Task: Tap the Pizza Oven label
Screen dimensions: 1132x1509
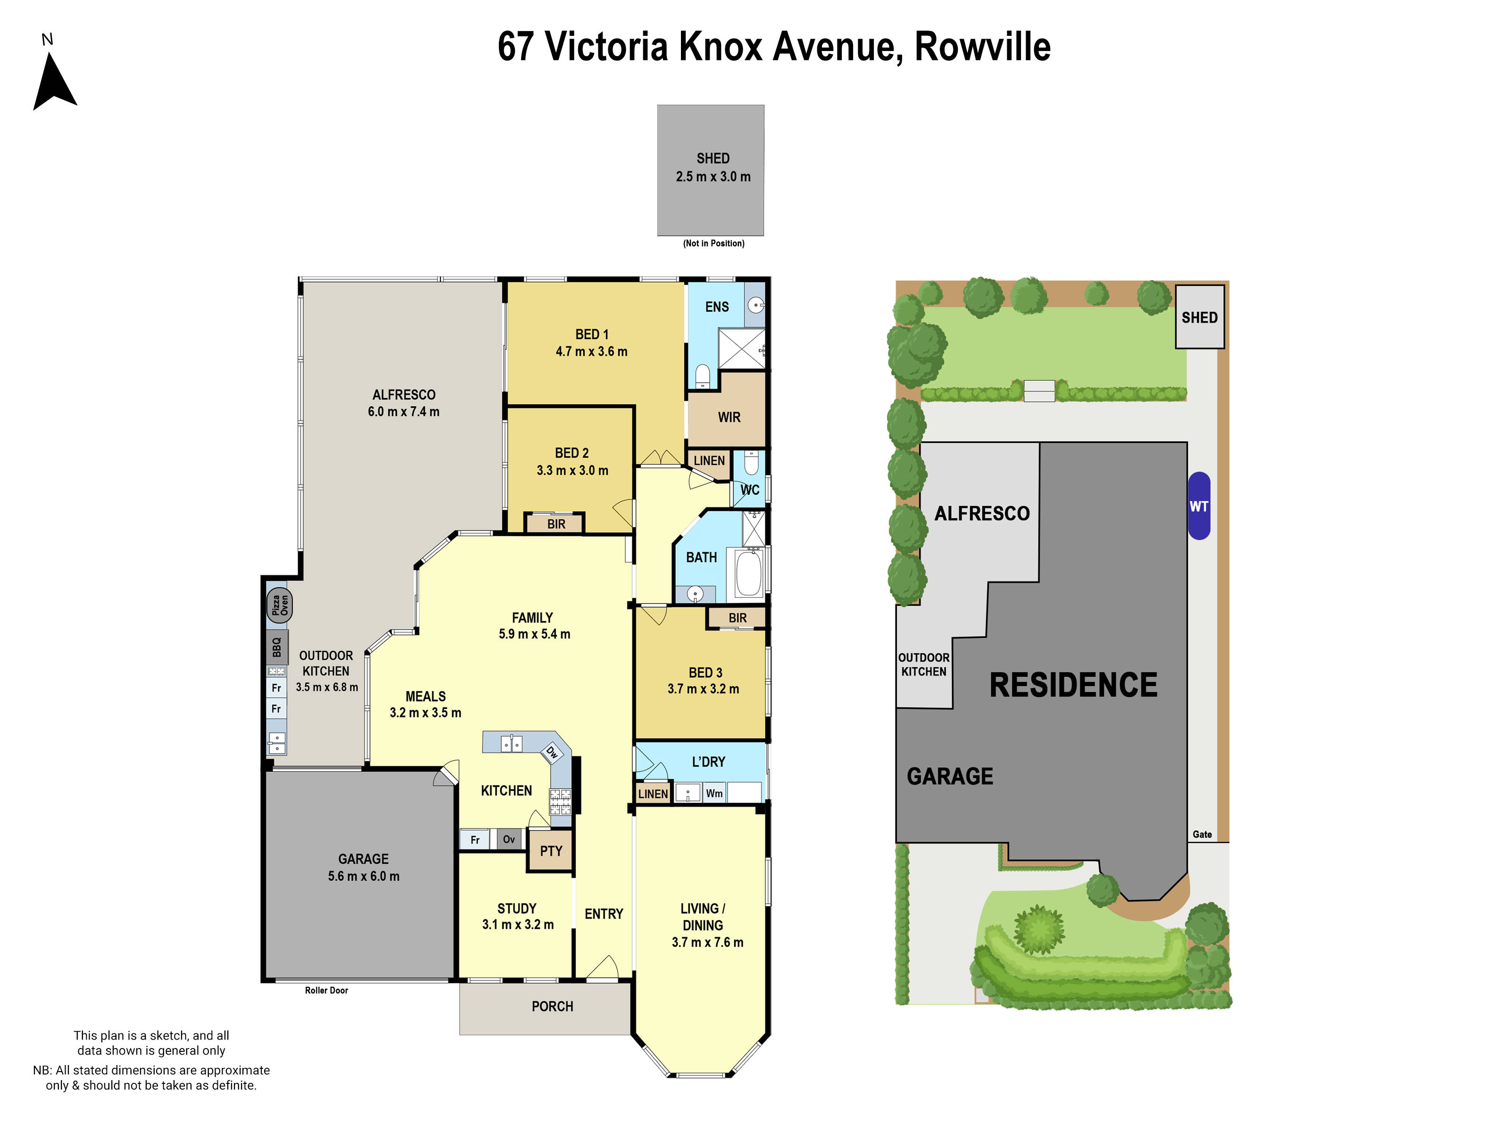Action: pyautogui.click(x=279, y=605)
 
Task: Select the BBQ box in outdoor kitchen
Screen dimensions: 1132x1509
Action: pyautogui.click(x=277, y=647)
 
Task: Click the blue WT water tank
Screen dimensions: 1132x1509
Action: pyautogui.click(x=1199, y=506)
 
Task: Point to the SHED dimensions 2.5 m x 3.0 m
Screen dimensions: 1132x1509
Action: pyautogui.click(x=713, y=177)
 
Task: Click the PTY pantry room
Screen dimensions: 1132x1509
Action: pyautogui.click(x=550, y=851)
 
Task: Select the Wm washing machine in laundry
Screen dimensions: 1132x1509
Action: pyautogui.click(x=713, y=793)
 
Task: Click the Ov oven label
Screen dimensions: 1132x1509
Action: pyautogui.click(x=509, y=839)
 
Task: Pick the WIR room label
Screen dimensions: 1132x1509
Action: pyautogui.click(x=729, y=417)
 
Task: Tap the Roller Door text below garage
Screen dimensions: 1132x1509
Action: pyautogui.click(x=326, y=990)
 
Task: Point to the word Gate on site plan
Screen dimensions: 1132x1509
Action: pyautogui.click(x=1202, y=834)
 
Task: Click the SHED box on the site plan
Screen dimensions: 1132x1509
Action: pyautogui.click(x=1199, y=317)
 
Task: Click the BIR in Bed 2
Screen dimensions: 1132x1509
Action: pyautogui.click(x=556, y=524)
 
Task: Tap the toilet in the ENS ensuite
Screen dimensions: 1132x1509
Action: pyautogui.click(x=702, y=375)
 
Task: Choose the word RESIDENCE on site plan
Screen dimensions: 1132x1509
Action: pyautogui.click(x=1073, y=685)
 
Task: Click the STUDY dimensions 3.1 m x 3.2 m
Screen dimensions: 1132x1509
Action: pyautogui.click(x=518, y=924)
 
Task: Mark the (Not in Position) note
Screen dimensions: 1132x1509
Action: pyautogui.click(x=713, y=243)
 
